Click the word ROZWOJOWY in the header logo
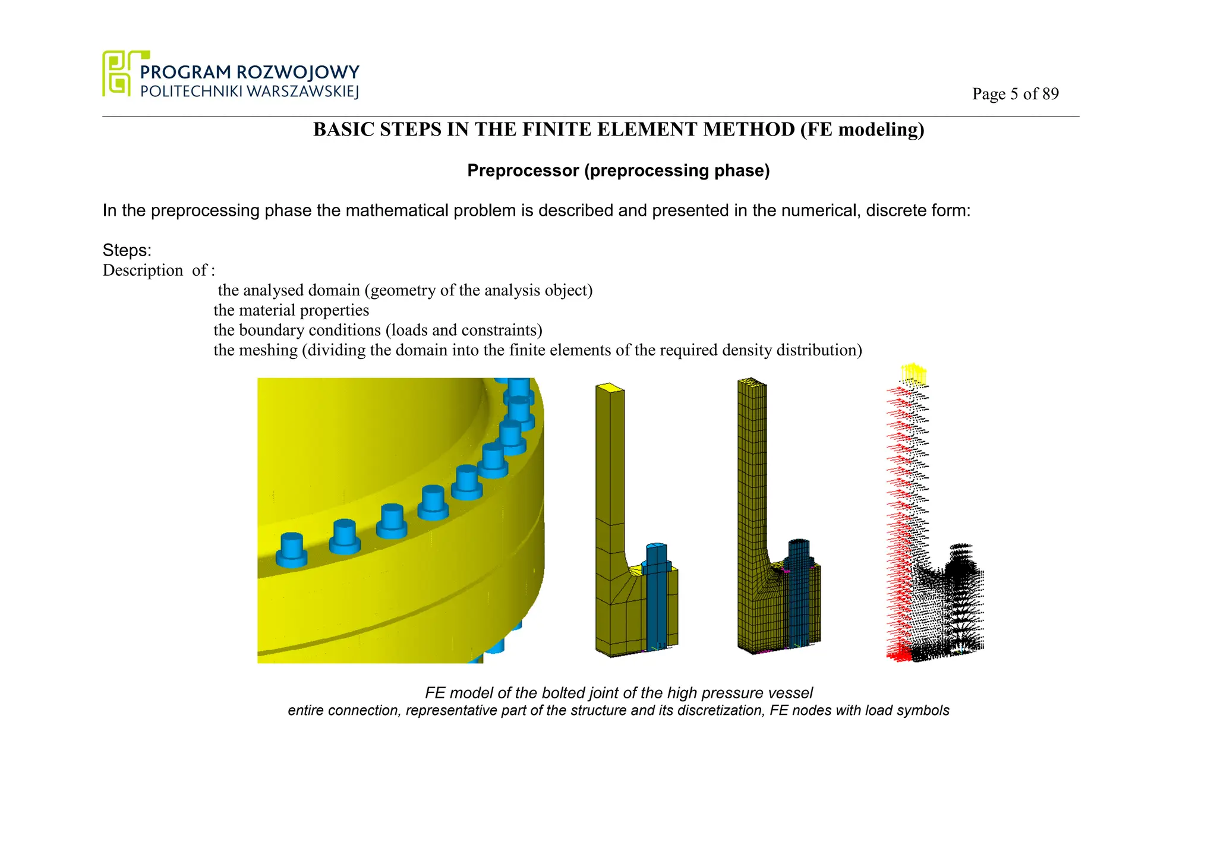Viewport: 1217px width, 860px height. pos(298,73)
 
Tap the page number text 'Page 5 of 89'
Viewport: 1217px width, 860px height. pos(1015,94)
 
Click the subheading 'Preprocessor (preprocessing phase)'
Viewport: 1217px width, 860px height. pos(618,171)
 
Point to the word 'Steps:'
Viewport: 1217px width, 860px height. pos(127,250)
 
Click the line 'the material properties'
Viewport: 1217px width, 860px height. pos(291,310)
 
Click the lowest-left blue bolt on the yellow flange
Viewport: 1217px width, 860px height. pos(291,549)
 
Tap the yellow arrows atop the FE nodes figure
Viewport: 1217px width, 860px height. pos(913,374)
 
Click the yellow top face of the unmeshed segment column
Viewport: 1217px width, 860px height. pos(610,388)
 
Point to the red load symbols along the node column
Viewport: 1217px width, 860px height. pos(898,505)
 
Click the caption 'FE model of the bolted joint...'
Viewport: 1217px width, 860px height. pos(618,693)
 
